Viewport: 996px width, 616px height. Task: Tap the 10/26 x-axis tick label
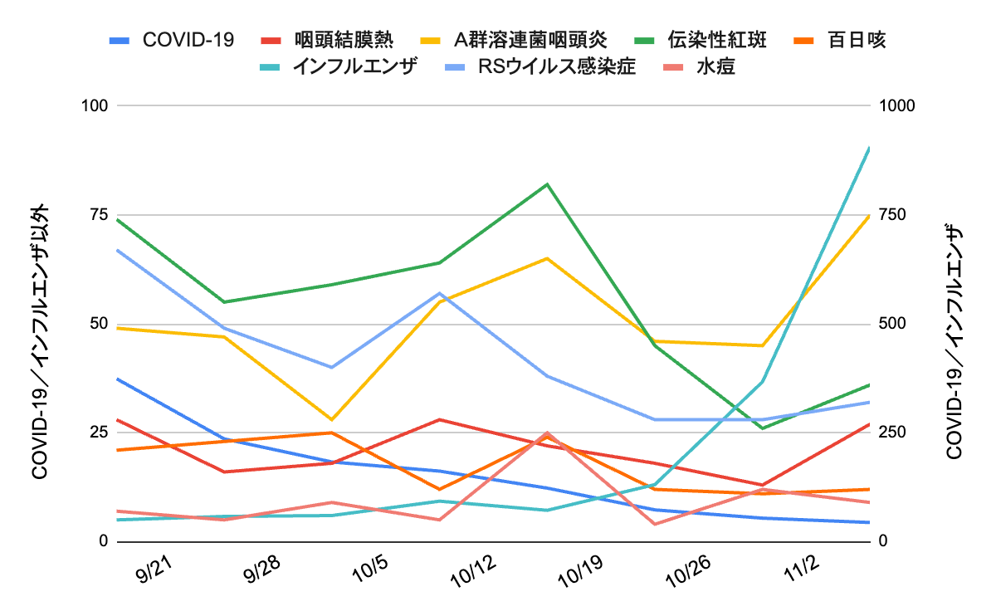coord(691,573)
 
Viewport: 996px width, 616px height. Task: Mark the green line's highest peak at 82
coord(547,183)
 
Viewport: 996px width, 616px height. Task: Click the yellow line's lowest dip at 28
coord(332,419)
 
